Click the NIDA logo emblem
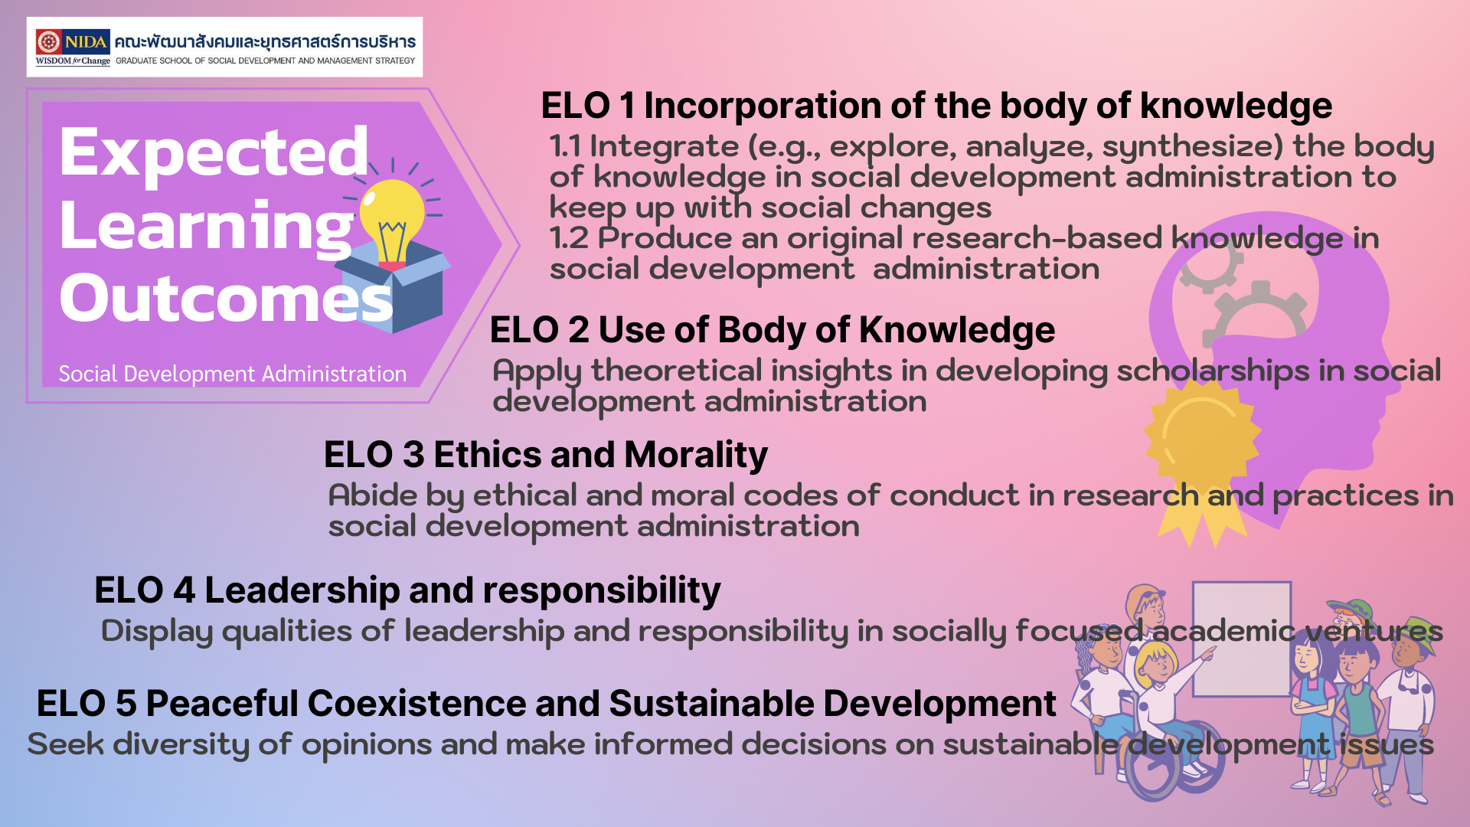(48, 41)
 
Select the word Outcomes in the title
(226, 298)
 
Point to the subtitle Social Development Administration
(233, 374)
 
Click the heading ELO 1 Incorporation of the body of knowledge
(936, 106)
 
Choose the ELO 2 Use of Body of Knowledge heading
(773, 330)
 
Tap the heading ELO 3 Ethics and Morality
(546, 454)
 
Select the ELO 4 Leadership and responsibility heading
(407, 590)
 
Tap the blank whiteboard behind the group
(1242, 639)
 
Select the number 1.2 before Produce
(569, 238)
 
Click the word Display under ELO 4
(157, 632)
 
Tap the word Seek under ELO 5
(66, 744)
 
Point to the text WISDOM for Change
(73, 61)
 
